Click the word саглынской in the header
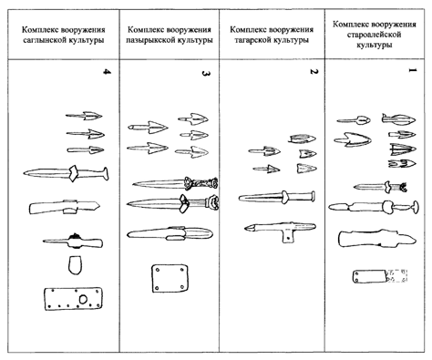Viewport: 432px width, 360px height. tap(40, 40)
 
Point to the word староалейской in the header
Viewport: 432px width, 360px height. tap(374, 35)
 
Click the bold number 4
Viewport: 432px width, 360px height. tap(107, 72)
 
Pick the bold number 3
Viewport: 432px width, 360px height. tap(206, 73)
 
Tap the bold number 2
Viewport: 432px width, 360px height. tap(314, 72)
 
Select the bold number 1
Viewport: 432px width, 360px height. tap(412, 70)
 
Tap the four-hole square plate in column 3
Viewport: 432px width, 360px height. tap(170, 278)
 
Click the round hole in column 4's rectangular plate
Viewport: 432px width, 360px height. tap(83, 299)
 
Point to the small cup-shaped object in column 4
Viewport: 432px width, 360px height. tap(75, 265)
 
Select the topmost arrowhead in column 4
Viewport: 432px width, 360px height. tap(84, 116)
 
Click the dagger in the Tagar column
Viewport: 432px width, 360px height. tap(276, 197)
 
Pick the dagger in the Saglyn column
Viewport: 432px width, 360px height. tap(67, 174)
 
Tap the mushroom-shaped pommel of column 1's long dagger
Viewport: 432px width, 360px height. tap(415, 207)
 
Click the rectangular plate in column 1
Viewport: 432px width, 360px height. tap(380, 276)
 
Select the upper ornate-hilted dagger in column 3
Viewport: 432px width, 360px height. tap(175, 183)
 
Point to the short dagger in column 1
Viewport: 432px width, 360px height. tap(380, 187)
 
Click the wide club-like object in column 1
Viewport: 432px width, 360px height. tap(376, 239)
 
